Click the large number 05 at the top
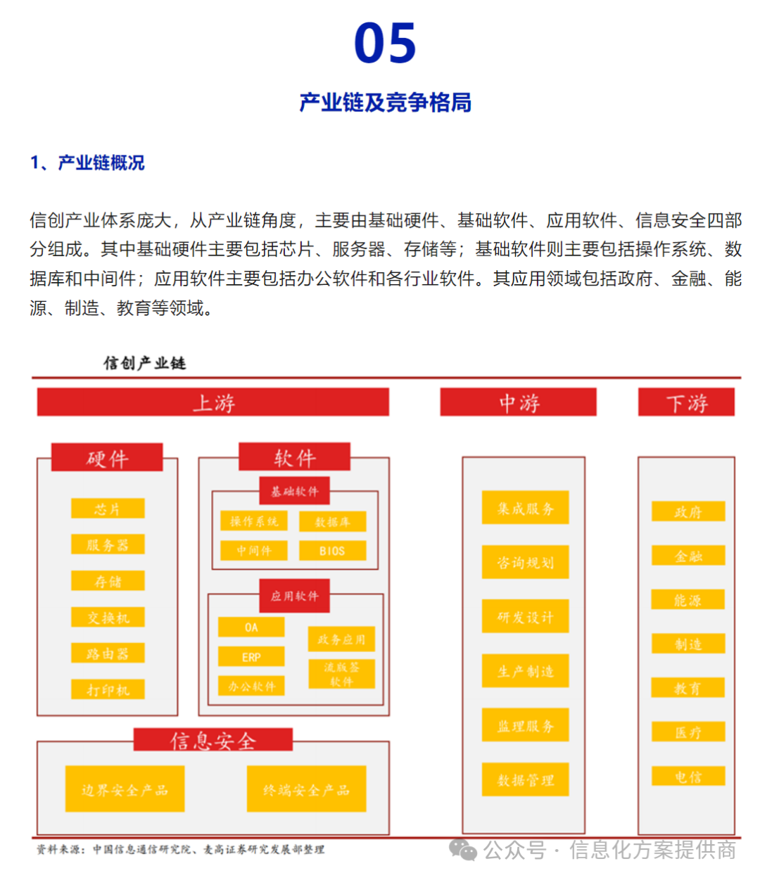pyautogui.click(x=385, y=43)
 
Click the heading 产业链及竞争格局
pyautogui.click(x=385, y=103)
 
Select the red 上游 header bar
pyautogui.click(x=213, y=402)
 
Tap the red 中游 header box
pyautogui.click(x=518, y=402)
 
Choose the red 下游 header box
pyautogui.click(x=686, y=402)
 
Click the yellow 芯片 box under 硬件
pyautogui.click(x=108, y=509)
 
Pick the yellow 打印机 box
pyautogui.click(x=108, y=689)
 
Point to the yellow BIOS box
pyautogui.click(x=332, y=551)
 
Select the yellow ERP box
pyautogui.click(x=251, y=657)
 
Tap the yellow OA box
pyautogui.click(x=251, y=627)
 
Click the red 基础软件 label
pyautogui.click(x=295, y=491)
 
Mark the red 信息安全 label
pyautogui.click(x=213, y=740)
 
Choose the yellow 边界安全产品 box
pyautogui.click(x=125, y=789)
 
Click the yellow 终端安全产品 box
pyautogui.click(x=306, y=789)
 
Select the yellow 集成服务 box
pyautogui.click(x=525, y=508)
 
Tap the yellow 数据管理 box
pyautogui.click(x=525, y=779)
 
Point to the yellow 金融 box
pyautogui.click(x=688, y=556)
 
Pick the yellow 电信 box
pyautogui.click(x=688, y=777)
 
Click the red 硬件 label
pyautogui.click(x=107, y=458)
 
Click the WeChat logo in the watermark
pyautogui.click(x=463, y=850)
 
